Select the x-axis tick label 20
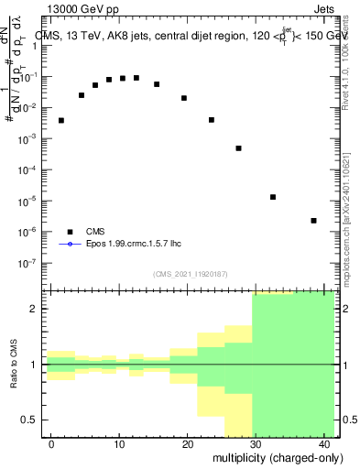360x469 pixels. pos(187,444)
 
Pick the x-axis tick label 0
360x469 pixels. pos(51,444)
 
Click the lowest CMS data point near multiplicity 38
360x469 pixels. pos(313,221)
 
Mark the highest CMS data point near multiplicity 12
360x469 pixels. pos(136,78)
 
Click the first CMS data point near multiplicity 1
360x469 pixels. pos(61,120)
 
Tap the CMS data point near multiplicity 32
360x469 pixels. pos(273,197)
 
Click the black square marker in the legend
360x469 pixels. pos(69,232)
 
